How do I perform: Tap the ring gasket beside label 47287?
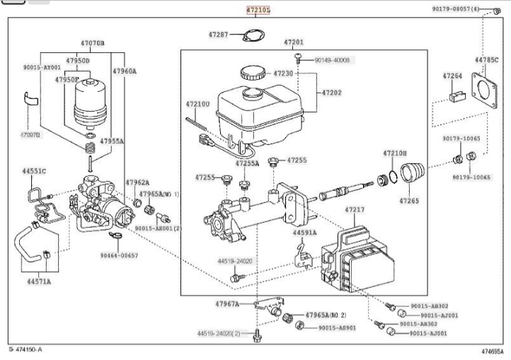click(253, 36)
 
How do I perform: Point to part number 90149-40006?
click(332, 61)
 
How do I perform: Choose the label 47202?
click(331, 93)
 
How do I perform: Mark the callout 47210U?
click(197, 104)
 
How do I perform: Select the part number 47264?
click(452, 76)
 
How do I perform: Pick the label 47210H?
click(395, 153)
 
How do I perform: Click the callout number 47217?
click(355, 209)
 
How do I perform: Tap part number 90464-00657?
click(119, 255)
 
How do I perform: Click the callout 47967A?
click(227, 304)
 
